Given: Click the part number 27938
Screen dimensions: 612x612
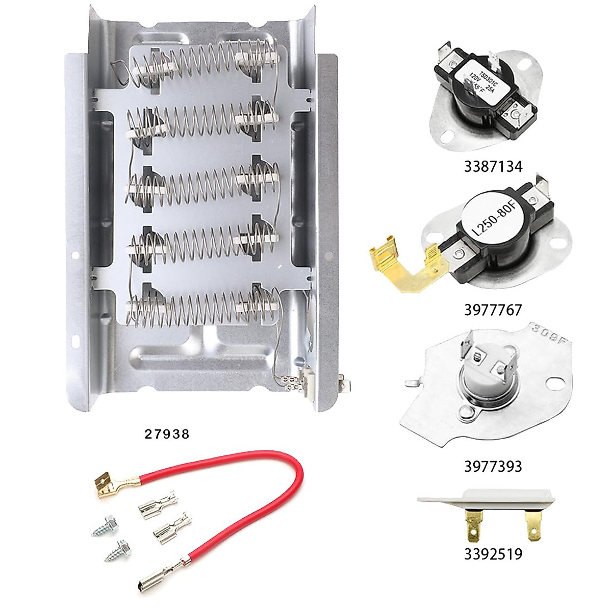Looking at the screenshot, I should pyautogui.click(x=167, y=434).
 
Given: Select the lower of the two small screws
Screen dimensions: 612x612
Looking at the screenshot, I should pyautogui.click(x=115, y=552).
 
